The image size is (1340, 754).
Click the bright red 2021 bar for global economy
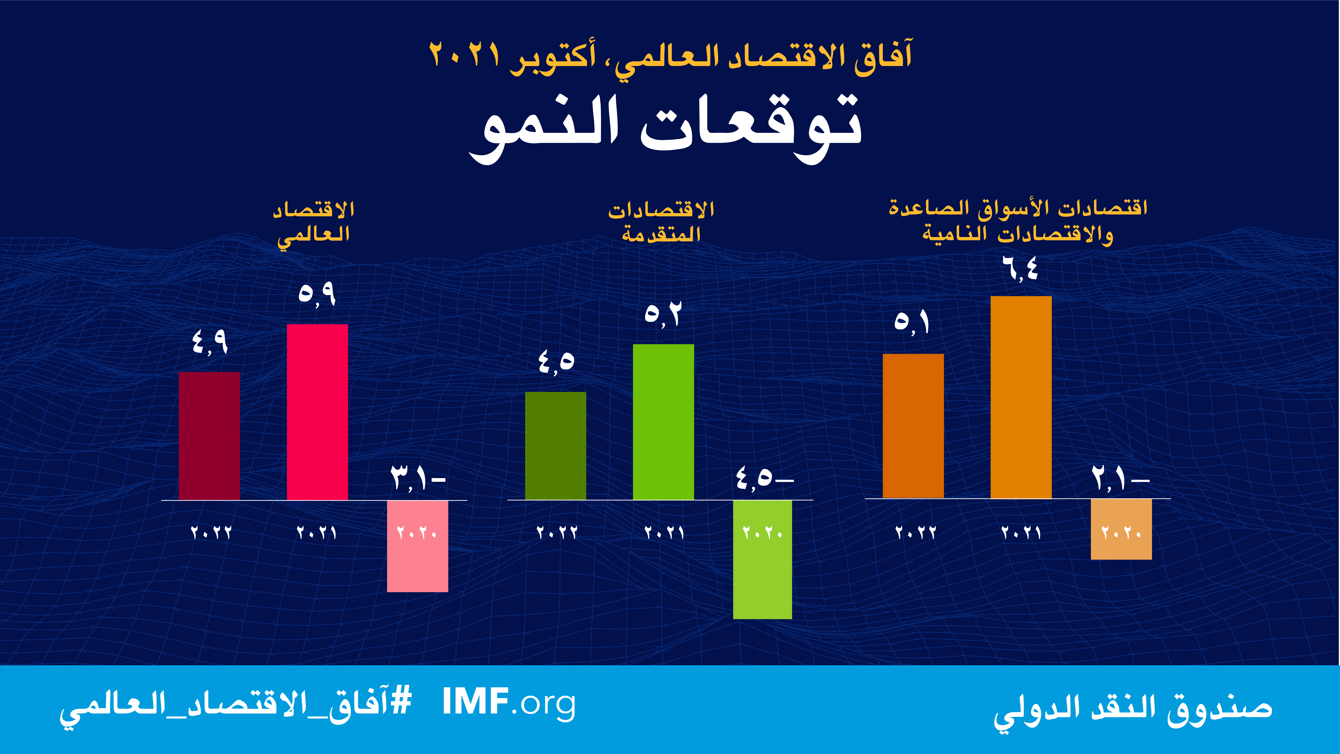coord(317,412)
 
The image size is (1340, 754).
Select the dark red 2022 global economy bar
coord(209,436)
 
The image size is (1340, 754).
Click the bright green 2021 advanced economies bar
coord(663,422)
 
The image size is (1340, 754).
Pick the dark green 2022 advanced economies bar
coord(556,446)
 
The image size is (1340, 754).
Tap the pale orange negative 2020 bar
coord(1121,529)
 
